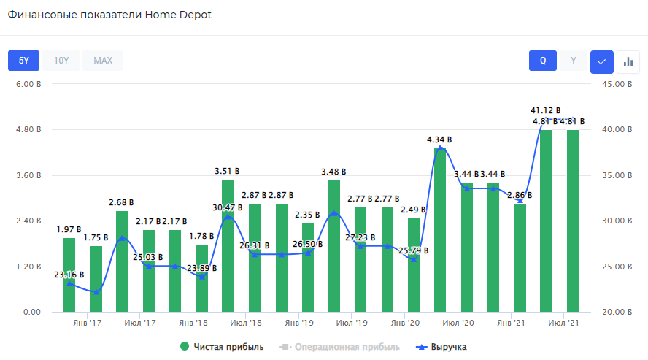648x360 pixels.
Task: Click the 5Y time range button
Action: coord(23,60)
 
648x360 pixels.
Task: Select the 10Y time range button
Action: coord(61,60)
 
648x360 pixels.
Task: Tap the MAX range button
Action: coord(103,60)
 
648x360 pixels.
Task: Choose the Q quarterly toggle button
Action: coord(543,61)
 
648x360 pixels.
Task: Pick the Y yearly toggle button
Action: coord(574,61)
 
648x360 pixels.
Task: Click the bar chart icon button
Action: coord(628,61)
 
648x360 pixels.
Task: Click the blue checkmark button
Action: coord(601,61)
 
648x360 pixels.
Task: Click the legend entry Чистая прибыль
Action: coord(222,347)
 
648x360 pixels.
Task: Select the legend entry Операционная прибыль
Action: coord(340,347)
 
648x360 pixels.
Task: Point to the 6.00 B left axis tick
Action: coord(28,84)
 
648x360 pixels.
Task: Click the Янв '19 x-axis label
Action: coord(299,322)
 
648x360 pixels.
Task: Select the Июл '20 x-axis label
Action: coord(458,322)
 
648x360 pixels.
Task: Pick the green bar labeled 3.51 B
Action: coord(228,248)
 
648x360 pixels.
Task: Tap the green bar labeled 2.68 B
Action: coord(122,263)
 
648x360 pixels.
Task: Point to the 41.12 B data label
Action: coord(545,110)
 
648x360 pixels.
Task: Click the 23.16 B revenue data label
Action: coord(69,275)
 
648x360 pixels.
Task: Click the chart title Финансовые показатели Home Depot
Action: coord(109,15)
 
